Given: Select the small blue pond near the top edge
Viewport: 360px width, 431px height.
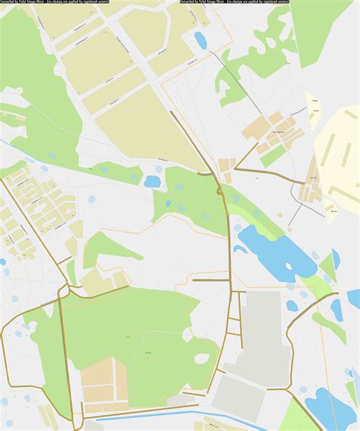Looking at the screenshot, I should pos(201,39).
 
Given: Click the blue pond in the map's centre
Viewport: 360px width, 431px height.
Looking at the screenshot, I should pos(153,181).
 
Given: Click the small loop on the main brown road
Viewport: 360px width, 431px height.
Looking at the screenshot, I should pos(219,191).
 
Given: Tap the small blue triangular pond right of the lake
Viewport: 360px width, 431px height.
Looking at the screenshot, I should pos(336,259).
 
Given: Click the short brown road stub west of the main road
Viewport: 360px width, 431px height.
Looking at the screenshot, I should pos(210,280).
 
